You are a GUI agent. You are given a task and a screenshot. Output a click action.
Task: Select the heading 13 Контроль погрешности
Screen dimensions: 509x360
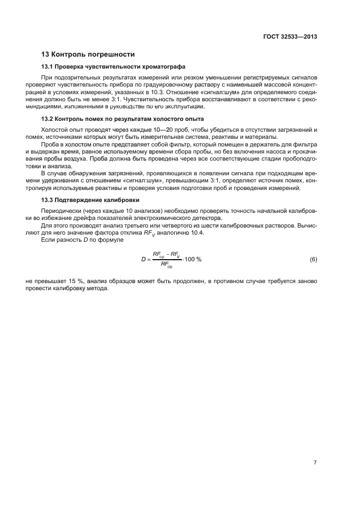point(88,54)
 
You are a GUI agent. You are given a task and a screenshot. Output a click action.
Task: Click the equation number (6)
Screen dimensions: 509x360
point(313,259)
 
